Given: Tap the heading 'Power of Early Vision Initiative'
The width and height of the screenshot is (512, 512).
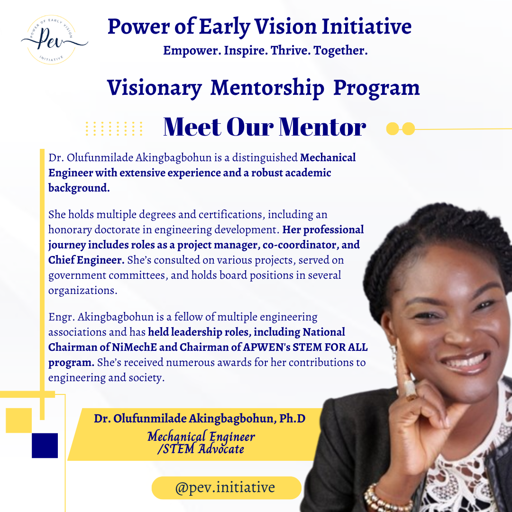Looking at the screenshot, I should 259,27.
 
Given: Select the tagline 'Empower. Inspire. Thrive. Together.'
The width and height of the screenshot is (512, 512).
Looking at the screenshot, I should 265,50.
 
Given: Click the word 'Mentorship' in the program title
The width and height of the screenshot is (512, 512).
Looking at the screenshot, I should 267,88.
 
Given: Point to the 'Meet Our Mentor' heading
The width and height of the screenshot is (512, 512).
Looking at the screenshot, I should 264,127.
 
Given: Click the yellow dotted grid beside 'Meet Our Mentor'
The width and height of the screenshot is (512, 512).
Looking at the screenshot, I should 114,128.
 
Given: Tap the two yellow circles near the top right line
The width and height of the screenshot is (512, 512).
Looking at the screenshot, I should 401,128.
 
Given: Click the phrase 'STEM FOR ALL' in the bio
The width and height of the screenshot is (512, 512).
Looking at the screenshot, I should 337,347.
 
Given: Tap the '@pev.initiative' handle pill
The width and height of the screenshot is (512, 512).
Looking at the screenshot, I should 226,488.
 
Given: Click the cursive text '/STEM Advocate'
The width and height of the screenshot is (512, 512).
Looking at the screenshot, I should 201,449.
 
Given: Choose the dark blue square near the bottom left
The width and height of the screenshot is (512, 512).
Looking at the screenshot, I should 45,445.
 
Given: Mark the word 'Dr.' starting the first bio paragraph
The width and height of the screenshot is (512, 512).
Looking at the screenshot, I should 55,158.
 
